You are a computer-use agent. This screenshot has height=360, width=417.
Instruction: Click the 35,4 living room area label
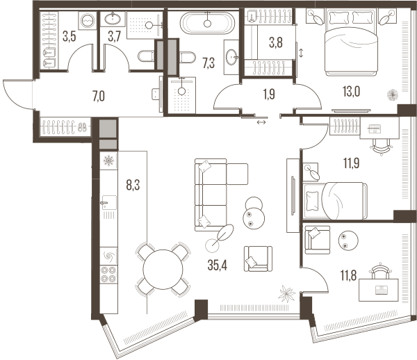pos(218,265)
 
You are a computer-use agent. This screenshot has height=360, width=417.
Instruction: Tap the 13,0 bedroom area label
pos(351,92)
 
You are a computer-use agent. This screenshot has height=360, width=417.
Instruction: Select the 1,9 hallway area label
pos(269,95)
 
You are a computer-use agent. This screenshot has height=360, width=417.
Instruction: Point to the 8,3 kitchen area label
pos(133,185)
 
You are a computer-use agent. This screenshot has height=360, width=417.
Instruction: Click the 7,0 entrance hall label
pos(99,96)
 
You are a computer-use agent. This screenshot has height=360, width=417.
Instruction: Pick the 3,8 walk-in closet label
pos(276,42)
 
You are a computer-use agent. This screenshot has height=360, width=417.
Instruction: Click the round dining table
pos(163,270)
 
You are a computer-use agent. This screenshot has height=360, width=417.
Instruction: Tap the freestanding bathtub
pos(207,23)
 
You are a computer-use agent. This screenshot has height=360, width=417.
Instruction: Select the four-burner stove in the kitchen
pos(109,275)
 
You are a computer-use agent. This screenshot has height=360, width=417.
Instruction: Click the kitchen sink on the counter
pos(109,202)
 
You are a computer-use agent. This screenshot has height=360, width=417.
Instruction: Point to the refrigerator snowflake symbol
pos(108,161)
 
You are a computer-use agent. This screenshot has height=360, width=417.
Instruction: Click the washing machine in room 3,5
pos(88,21)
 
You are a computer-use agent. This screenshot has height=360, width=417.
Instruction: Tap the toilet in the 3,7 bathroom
pos(146,56)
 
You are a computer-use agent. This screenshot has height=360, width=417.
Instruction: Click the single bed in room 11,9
pos(336,201)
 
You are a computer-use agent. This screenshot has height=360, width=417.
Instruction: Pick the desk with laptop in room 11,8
pos(379,290)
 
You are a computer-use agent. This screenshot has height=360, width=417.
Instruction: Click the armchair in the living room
pos(258,259)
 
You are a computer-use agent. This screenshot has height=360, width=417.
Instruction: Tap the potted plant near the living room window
pos(286,294)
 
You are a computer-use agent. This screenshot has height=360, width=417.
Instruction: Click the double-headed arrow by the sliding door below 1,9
pos(261,122)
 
